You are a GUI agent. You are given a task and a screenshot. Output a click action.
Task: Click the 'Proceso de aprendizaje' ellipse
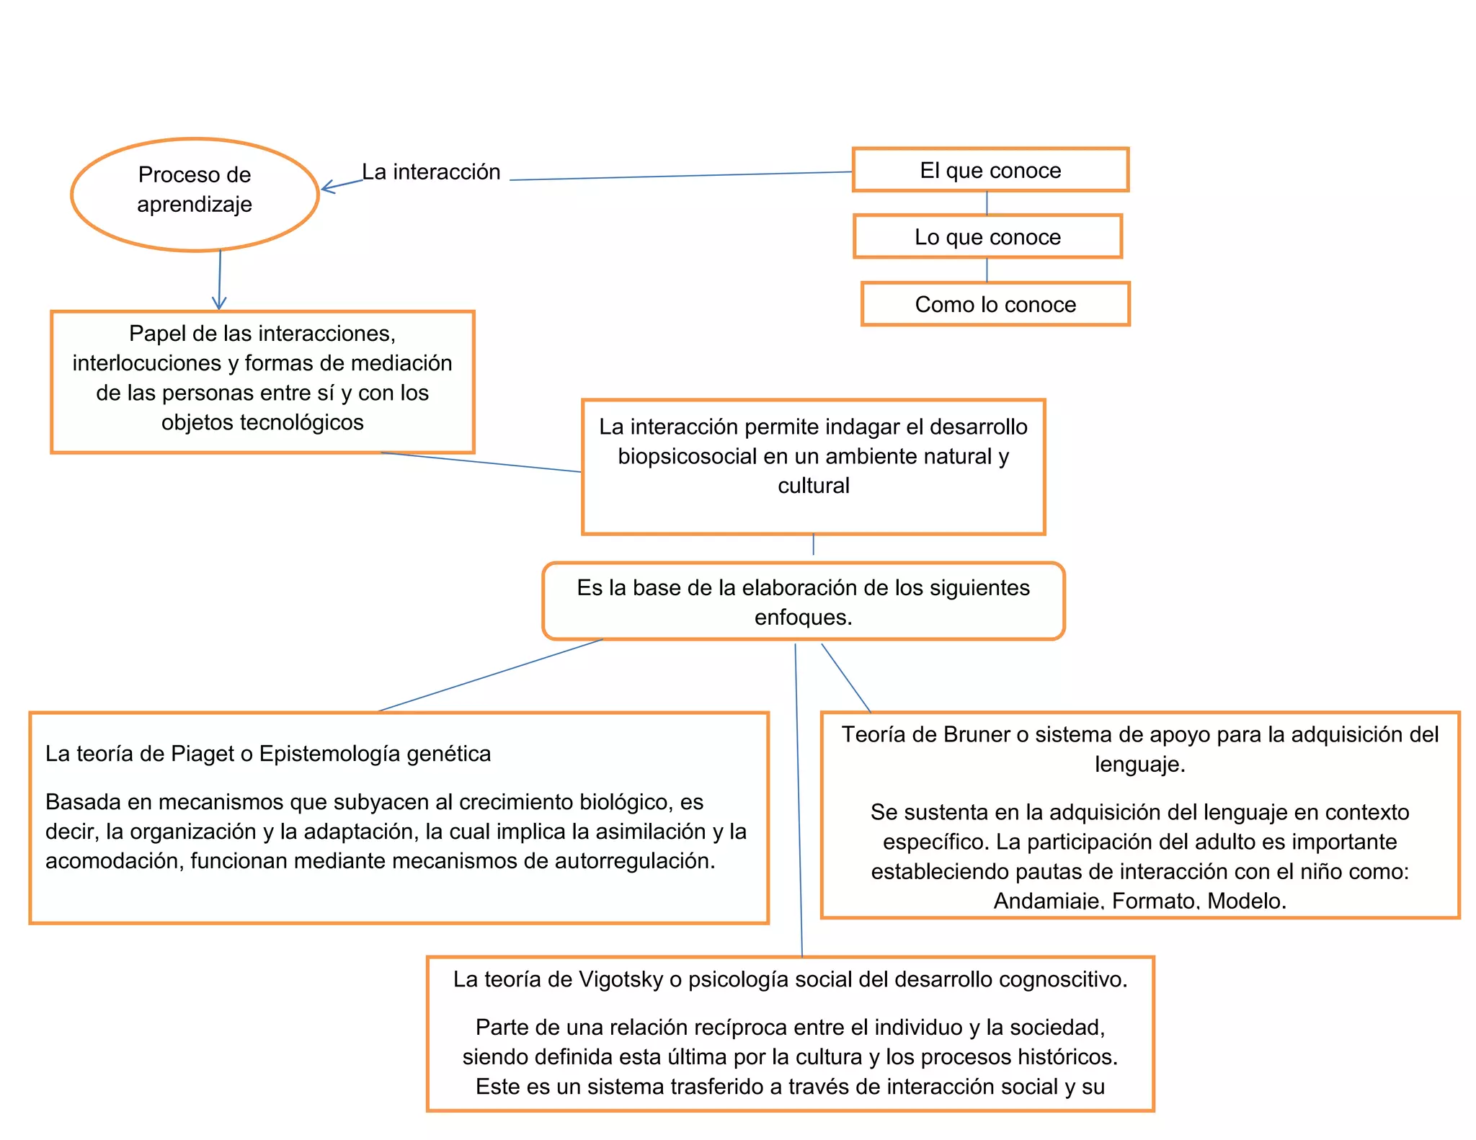195,195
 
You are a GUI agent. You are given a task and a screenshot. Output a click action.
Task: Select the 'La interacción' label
431,172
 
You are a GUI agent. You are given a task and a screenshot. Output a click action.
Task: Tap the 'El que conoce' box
990,170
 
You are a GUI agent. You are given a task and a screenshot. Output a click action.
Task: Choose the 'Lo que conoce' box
987,237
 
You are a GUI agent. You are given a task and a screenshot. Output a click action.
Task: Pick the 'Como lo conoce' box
995,304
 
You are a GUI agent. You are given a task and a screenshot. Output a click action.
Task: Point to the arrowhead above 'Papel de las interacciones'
219,303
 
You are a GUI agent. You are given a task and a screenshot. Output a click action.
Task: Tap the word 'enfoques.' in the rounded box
803,618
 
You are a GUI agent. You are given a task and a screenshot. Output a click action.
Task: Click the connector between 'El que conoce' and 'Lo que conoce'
987,203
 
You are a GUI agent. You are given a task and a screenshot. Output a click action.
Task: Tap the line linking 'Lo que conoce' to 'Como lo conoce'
987,270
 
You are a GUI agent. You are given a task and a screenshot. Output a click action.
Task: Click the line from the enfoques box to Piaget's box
490,675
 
